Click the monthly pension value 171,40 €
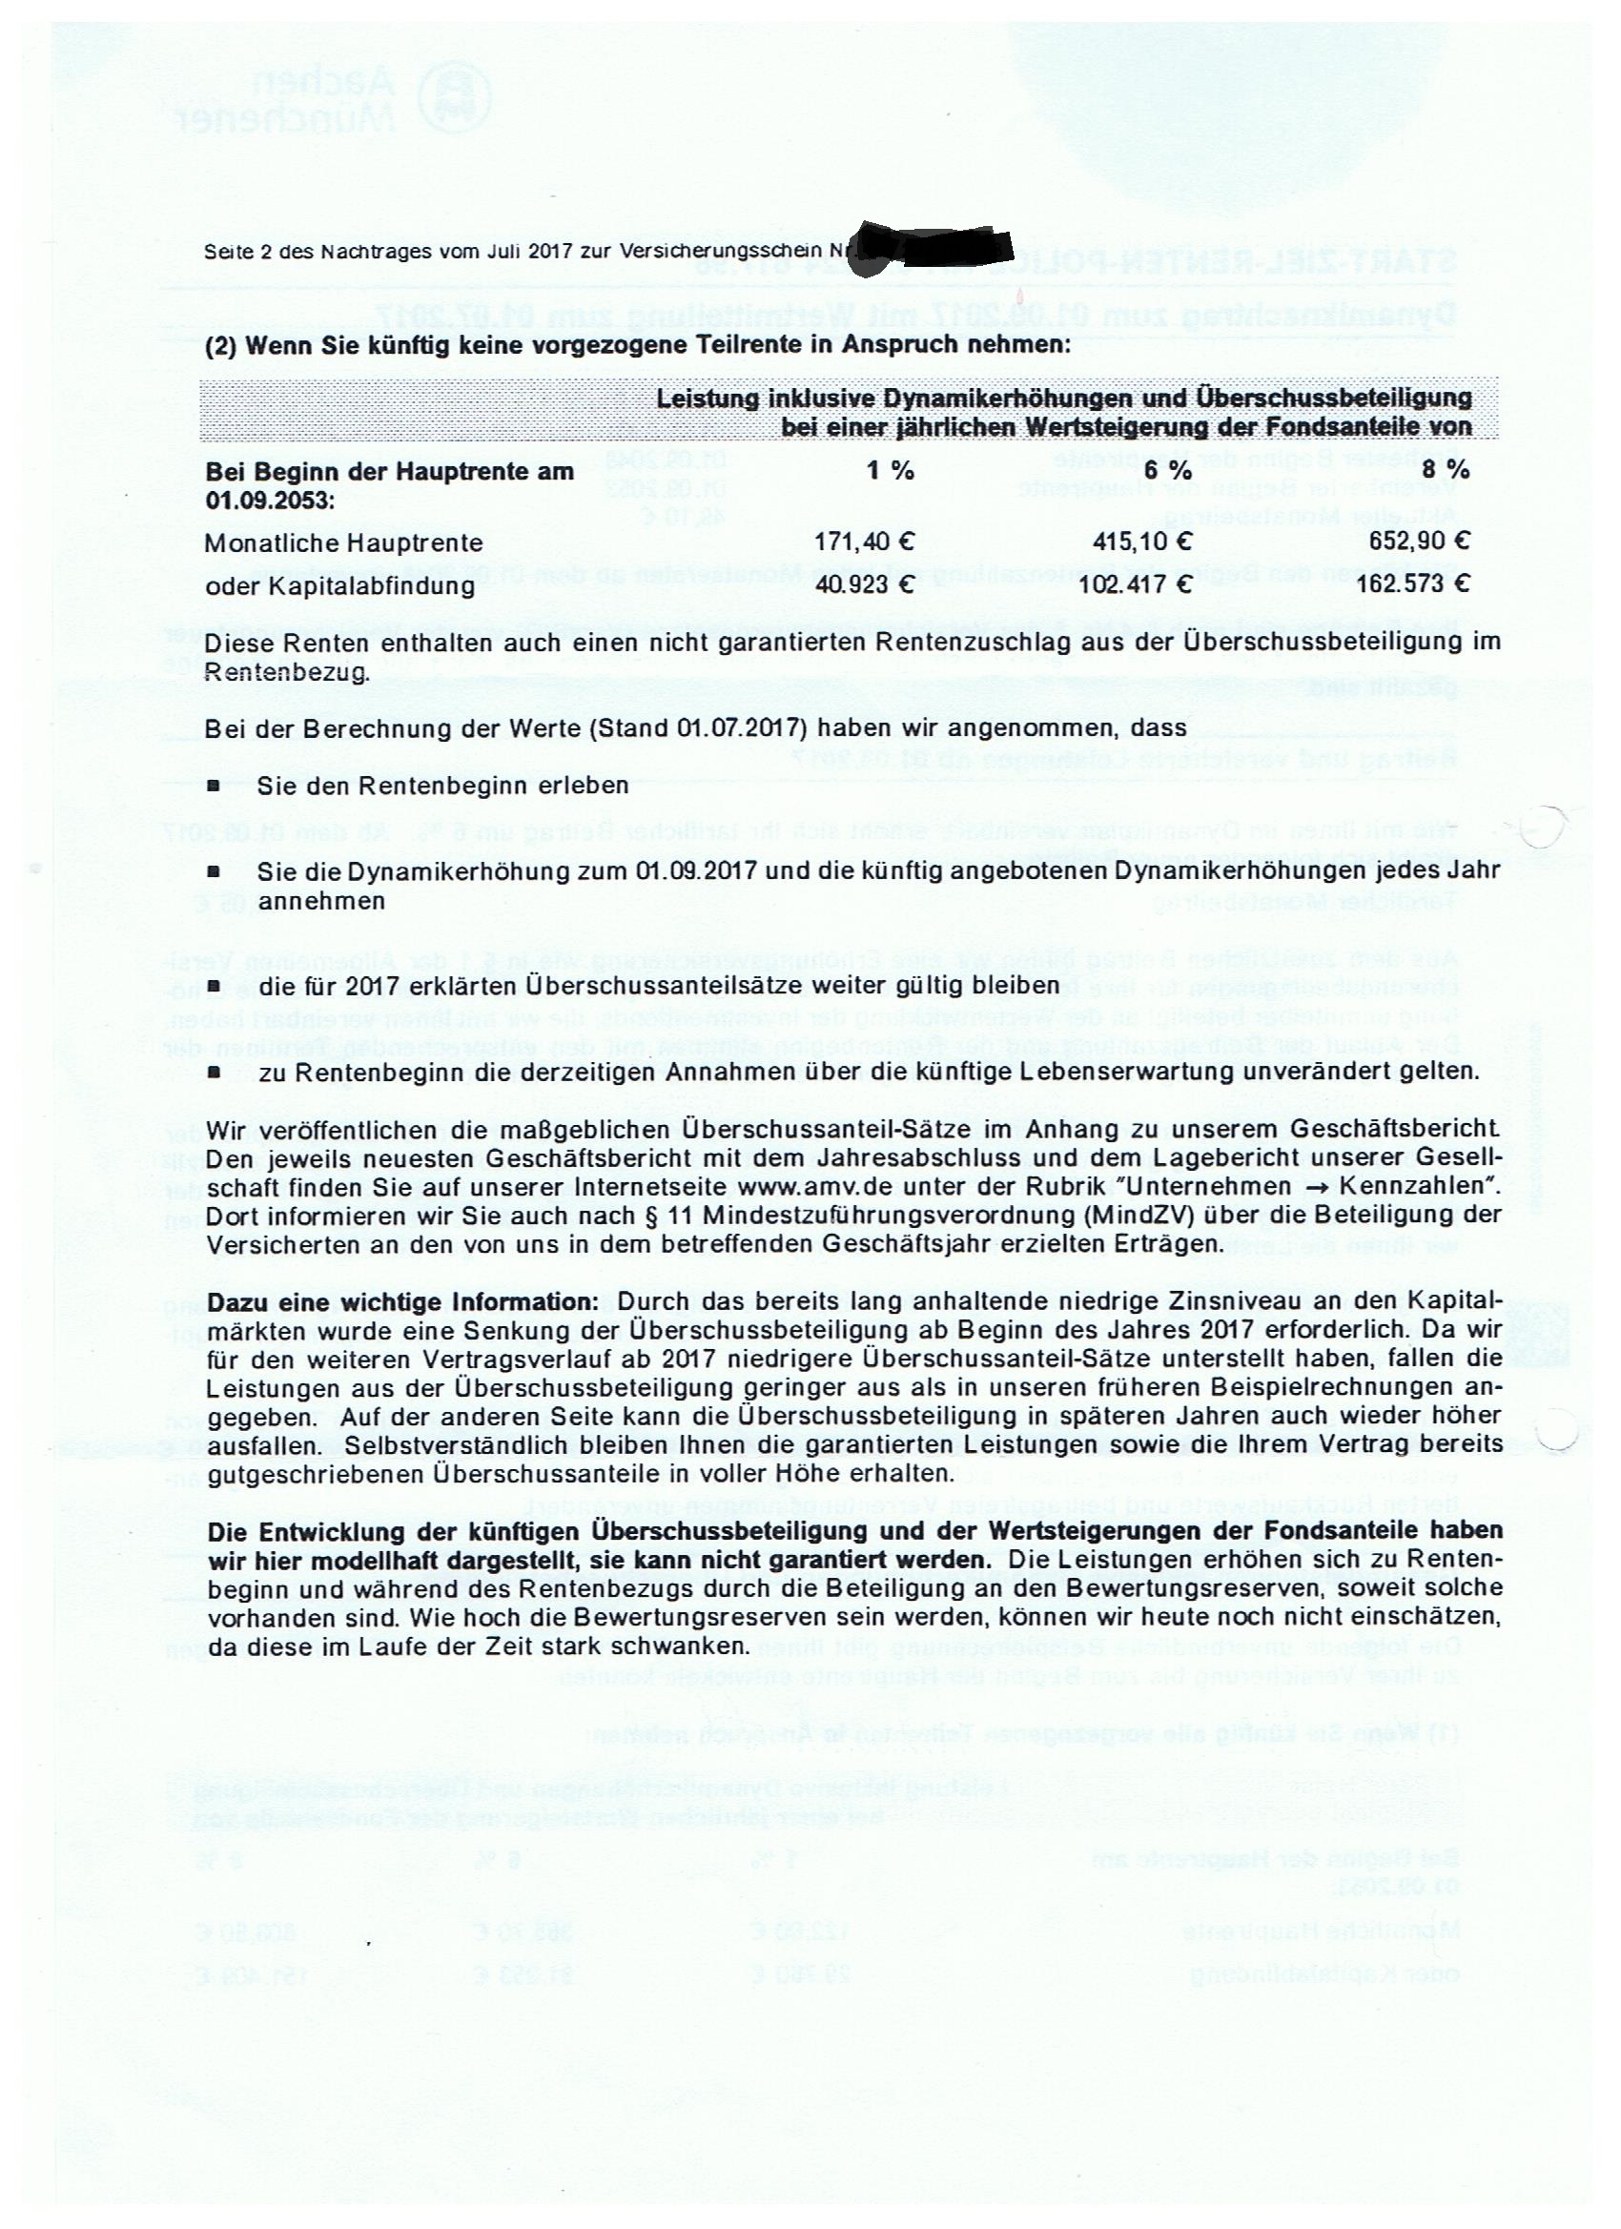865,542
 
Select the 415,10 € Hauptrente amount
1143,542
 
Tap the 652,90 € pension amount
1420,542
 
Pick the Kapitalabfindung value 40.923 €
865,584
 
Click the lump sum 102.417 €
1137,584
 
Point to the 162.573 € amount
1413,584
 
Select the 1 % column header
890,471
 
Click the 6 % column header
1168,471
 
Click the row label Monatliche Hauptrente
344,543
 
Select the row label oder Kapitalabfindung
339,586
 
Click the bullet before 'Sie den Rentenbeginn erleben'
213,787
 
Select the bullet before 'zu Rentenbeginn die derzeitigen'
213,1073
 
